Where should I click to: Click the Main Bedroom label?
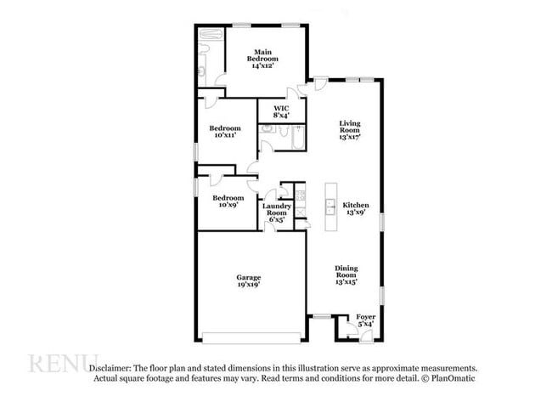(x=263, y=59)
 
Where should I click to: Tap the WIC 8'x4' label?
(x=280, y=112)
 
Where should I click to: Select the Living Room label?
(x=351, y=129)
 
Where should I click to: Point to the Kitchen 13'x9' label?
(x=356, y=209)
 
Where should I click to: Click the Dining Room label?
(x=346, y=275)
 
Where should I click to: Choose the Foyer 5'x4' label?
(x=365, y=320)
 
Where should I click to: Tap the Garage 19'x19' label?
(x=248, y=281)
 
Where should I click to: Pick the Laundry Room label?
(x=277, y=212)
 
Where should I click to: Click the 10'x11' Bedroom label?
(x=225, y=132)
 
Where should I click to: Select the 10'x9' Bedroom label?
(x=228, y=201)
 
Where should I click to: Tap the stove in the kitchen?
(x=299, y=195)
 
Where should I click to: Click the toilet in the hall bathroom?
(x=267, y=130)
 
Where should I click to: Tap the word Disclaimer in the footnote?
(x=110, y=366)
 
